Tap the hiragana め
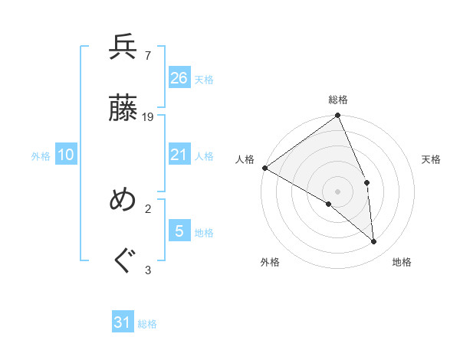123,200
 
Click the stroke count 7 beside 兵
147,54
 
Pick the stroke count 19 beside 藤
148,117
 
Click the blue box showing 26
179,77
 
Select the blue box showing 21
179,155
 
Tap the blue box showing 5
179,231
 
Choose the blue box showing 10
66,155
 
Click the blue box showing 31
123,322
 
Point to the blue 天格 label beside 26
204,80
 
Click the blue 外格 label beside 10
41,156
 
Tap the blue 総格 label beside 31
147,324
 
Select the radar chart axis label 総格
338,100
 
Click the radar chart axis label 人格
245,159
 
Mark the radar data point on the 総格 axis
338,116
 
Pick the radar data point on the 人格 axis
264,168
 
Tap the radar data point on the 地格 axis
374,241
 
